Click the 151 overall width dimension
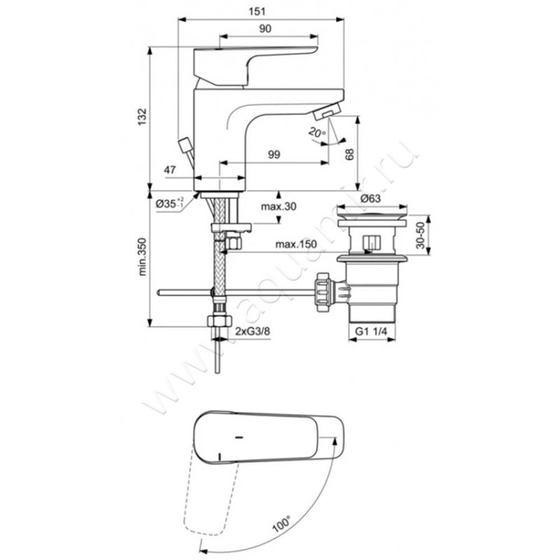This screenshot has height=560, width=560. pyautogui.click(x=257, y=11)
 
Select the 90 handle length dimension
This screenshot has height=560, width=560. pyautogui.click(x=265, y=28)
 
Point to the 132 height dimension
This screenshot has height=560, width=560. pyautogui.click(x=142, y=116)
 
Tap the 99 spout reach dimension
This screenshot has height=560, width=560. pyautogui.click(x=274, y=155)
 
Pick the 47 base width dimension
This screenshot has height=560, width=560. pyautogui.click(x=169, y=169)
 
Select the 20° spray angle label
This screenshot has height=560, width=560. pyautogui.click(x=316, y=132)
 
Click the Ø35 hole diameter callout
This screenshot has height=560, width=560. pyautogui.click(x=170, y=203)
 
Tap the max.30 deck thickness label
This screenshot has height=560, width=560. pyautogui.click(x=279, y=206)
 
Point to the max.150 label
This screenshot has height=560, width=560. pyautogui.click(x=296, y=244)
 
